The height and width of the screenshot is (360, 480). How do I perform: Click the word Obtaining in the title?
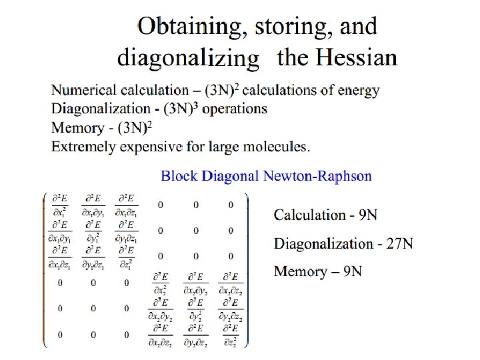tap(189, 27)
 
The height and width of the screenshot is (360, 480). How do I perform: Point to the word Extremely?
tap(83, 145)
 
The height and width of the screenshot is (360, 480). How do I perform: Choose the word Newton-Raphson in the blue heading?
tap(317, 176)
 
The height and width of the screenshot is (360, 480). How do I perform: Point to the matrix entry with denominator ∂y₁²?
tap(93, 230)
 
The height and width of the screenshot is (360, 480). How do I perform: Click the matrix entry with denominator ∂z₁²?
tap(126, 256)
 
